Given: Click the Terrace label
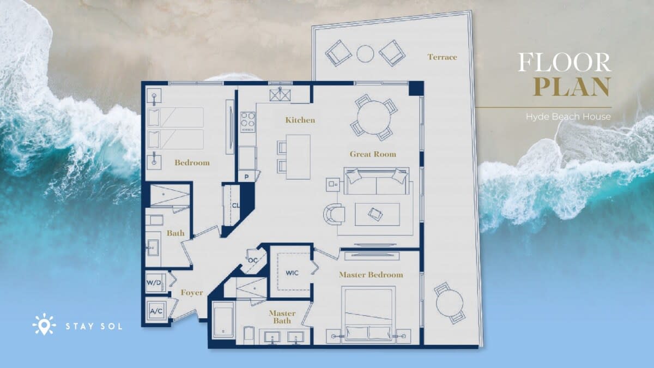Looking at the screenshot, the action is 442,57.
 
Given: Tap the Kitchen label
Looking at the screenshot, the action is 300,120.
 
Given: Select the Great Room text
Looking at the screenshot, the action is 373,154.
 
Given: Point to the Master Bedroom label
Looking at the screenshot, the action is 371,275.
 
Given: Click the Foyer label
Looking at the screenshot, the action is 191,293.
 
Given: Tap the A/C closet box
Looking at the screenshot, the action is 156,311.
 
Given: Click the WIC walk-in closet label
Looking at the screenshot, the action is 292,273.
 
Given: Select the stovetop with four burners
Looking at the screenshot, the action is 247,122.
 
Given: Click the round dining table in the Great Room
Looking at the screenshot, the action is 374,118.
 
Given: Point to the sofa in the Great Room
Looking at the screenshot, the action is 377,181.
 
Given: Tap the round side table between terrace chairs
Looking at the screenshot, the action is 365,54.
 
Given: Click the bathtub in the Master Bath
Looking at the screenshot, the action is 223,320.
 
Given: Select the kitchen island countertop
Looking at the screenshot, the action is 298,157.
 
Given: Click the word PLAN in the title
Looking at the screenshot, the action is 571,87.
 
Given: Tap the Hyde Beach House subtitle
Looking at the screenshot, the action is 568,117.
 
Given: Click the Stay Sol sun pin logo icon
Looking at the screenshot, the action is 44,324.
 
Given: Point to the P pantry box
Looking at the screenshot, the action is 247,177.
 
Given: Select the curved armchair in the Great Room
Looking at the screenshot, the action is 334,214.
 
